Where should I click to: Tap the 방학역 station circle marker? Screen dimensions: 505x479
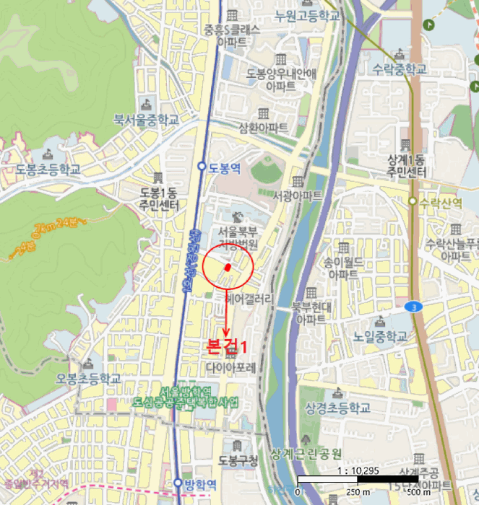tap(178, 483)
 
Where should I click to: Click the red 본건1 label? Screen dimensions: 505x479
tap(227, 346)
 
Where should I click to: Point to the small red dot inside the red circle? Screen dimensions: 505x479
tap(228, 267)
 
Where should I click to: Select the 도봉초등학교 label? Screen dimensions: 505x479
tap(48, 170)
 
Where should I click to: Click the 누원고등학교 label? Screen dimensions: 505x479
tap(307, 17)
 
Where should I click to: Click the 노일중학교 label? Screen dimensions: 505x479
tap(381, 337)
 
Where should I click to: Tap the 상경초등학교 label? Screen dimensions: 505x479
tap(338, 408)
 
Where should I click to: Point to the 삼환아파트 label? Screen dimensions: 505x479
tap(263, 127)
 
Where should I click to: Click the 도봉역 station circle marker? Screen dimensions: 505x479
tap(202, 166)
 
